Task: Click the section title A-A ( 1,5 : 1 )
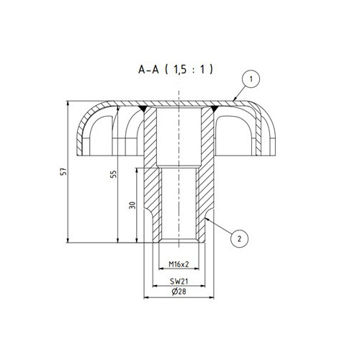[x=176, y=70]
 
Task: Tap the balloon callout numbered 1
[x=251, y=79]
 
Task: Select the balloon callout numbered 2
[x=239, y=239]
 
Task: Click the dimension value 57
[x=64, y=171]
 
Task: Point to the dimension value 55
[x=114, y=174]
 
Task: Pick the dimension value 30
[x=132, y=205]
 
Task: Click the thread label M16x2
[x=179, y=264]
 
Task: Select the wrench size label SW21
[x=179, y=282]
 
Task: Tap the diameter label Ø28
[x=179, y=292]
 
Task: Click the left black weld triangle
[x=143, y=109]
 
